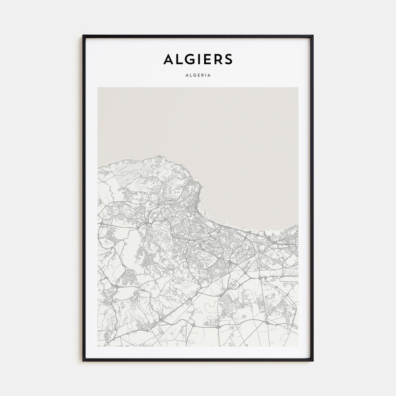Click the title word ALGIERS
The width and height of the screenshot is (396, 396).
(x=198, y=59)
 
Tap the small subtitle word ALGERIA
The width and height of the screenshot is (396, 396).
(x=198, y=75)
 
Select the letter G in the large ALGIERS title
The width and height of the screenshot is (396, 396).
(x=188, y=59)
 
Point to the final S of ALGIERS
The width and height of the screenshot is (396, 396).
(x=228, y=59)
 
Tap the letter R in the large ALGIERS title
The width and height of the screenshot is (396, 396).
(x=217, y=59)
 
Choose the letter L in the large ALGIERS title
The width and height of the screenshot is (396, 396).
(x=179, y=59)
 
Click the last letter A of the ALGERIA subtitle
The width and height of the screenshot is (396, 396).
(x=209, y=75)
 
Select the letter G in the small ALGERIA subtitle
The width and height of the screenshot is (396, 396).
(x=193, y=75)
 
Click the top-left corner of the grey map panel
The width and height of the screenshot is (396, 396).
(x=98, y=88)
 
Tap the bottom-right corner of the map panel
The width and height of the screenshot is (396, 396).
(x=298, y=346)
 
